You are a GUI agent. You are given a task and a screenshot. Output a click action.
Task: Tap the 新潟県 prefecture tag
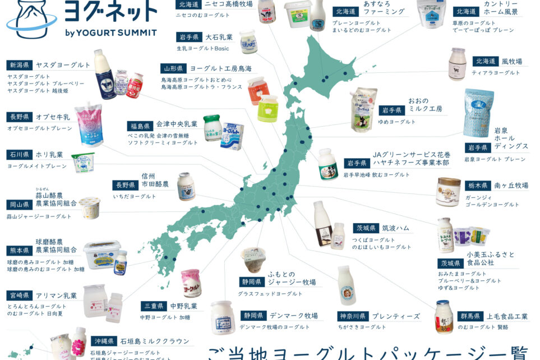(x=18, y=65)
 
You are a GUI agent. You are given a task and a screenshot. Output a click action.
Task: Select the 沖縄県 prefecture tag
(x=102, y=341)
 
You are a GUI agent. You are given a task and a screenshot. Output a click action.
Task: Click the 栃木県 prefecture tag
(x=478, y=185)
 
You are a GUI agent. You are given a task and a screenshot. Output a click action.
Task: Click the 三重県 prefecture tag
(x=152, y=306)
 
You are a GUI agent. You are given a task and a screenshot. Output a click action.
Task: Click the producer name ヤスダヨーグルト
(x=62, y=65)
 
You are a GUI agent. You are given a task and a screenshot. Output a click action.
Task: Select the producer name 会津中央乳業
(x=177, y=124)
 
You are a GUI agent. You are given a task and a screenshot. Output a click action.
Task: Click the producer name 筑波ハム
(x=396, y=228)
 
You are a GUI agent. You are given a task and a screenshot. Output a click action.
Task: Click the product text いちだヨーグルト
(x=136, y=196)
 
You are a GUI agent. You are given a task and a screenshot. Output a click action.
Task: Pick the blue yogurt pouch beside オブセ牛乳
(x=89, y=123)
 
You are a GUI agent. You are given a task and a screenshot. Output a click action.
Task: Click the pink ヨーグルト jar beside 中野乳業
(x=191, y=283)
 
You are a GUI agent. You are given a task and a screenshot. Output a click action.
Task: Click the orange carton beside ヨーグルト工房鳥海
(x=258, y=90)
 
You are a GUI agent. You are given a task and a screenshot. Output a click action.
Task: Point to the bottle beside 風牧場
(x=457, y=64)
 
